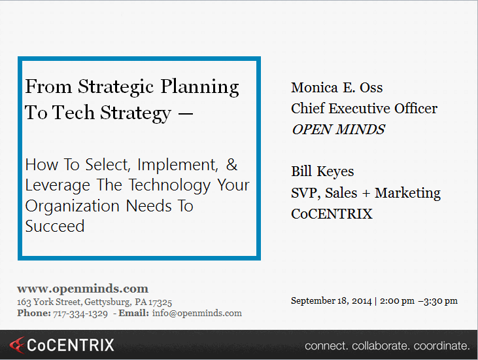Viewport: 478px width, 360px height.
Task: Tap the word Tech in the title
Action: click(x=73, y=113)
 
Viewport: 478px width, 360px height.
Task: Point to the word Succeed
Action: click(x=55, y=226)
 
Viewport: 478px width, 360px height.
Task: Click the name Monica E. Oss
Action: click(x=337, y=88)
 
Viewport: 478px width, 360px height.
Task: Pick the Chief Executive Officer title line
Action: click(x=364, y=109)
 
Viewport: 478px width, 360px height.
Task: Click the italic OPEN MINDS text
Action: click(x=338, y=129)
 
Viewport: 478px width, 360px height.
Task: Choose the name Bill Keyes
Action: click(x=322, y=172)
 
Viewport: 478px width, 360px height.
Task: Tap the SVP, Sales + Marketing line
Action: click(x=366, y=193)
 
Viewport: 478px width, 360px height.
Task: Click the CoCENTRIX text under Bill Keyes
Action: click(x=332, y=214)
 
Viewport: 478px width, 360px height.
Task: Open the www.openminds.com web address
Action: click(x=82, y=289)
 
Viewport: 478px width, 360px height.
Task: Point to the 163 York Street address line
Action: click(x=94, y=302)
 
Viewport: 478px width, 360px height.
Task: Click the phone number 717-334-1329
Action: click(x=80, y=314)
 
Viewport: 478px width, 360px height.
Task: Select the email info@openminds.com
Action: click(x=197, y=314)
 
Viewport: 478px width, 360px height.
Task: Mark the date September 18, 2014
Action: click(x=331, y=301)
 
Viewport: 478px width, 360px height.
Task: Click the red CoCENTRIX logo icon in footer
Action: click(x=18, y=344)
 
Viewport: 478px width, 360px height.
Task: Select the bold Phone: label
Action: click(x=34, y=314)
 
